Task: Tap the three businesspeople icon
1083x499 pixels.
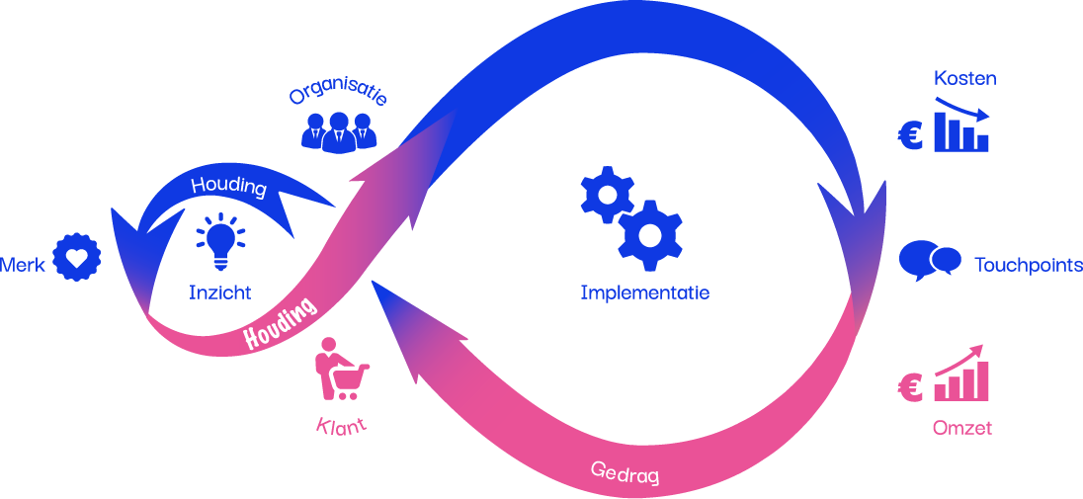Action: tap(338, 131)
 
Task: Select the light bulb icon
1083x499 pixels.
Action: tap(219, 242)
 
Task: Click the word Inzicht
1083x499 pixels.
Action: tap(219, 291)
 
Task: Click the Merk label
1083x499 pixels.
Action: tap(22, 265)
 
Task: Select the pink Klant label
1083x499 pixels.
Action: tap(341, 426)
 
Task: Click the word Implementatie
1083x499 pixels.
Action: tap(644, 292)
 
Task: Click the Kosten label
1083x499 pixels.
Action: tap(964, 78)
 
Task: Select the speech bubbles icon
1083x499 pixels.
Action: tap(929, 260)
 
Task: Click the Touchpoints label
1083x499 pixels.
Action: tap(1028, 265)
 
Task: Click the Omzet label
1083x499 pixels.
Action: tap(961, 428)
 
